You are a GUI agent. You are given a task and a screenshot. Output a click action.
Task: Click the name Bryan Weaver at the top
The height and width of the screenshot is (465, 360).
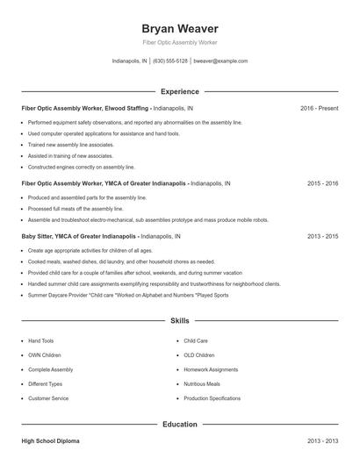coord(180,28)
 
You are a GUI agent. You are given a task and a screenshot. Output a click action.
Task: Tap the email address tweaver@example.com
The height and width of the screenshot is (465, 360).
coord(220,61)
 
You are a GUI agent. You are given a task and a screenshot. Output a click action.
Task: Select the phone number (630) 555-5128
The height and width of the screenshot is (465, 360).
coord(170,61)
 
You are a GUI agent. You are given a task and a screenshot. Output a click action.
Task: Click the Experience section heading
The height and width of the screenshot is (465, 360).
coord(180,91)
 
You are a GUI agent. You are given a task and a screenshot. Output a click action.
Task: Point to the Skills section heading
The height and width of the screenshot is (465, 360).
coord(180,321)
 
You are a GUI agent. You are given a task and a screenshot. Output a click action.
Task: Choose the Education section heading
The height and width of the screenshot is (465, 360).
coord(180,424)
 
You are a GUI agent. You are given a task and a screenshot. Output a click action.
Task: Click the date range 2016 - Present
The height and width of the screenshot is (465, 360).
coord(319,108)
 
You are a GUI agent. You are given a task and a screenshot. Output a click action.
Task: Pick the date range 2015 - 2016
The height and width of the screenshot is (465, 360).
coord(322,184)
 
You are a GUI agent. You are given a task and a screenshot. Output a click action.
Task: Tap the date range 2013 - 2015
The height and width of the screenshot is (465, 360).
coord(322,237)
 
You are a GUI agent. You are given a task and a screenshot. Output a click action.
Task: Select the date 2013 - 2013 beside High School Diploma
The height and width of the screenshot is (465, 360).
coord(322,440)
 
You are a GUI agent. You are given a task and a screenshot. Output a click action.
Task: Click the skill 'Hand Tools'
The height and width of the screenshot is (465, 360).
coord(41,340)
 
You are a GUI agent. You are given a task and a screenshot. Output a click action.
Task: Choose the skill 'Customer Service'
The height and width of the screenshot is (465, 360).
coord(48,398)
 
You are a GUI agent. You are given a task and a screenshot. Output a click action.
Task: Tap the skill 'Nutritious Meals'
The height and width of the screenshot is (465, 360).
coord(201,384)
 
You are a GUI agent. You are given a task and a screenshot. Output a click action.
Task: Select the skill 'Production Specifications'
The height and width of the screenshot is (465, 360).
coord(212,398)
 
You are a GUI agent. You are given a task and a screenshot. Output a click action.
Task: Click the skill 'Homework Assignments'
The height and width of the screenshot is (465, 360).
coord(212,369)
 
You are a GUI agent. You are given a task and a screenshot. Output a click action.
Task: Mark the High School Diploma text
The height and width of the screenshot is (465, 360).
coord(50,440)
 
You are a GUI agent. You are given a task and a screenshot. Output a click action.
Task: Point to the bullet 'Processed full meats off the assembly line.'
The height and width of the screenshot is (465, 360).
coord(76,209)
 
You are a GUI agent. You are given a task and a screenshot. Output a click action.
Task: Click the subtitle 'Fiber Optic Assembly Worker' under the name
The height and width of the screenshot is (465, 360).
coord(180,43)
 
